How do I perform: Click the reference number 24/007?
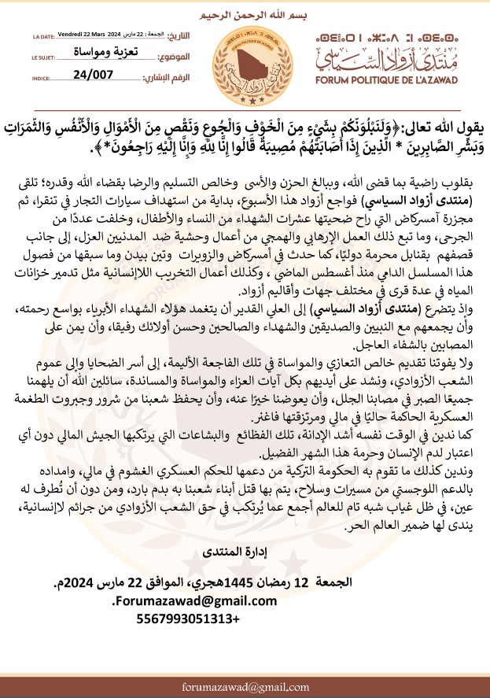92,76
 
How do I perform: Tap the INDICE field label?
41,78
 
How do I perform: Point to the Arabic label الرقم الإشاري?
168,76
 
